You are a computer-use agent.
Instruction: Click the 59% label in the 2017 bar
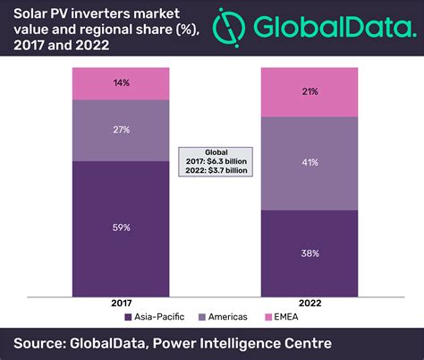121,227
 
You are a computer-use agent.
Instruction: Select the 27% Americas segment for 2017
121,130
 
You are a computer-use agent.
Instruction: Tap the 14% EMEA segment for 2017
121,83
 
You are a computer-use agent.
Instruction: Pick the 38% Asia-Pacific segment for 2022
309,253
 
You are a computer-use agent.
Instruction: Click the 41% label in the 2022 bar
309,164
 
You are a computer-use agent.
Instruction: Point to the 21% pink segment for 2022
309,92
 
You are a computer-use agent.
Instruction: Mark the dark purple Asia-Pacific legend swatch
130,317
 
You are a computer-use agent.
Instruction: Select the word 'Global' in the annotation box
214,151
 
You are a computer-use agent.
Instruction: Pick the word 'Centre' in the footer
303,343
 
